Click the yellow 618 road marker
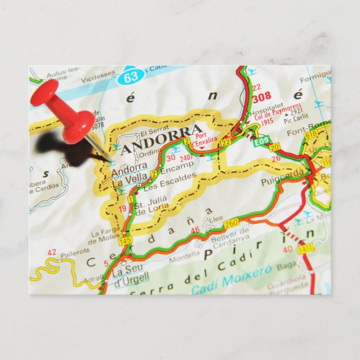[310, 134]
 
